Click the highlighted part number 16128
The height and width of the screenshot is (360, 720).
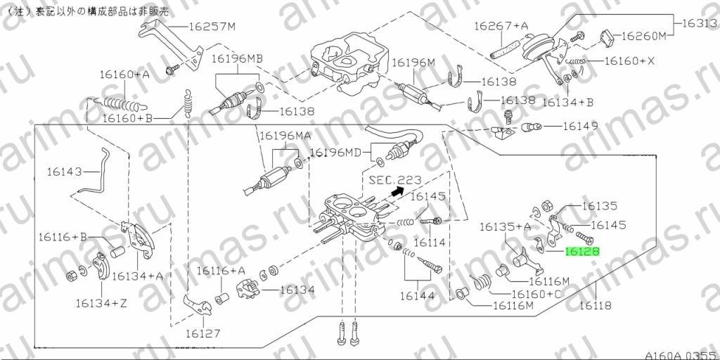pyautogui.click(x=582, y=251)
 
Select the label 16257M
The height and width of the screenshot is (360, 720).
pyautogui.click(x=212, y=27)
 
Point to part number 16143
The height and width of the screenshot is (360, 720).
pyautogui.click(x=64, y=172)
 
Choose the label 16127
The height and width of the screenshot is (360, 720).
pyautogui.click(x=203, y=334)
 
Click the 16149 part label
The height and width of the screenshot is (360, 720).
pyautogui.click(x=580, y=125)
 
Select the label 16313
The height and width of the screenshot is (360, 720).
pyautogui.click(x=700, y=23)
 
